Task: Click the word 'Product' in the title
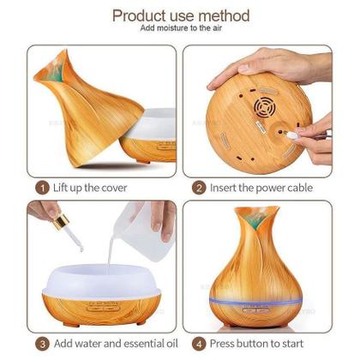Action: pyautogui.click(x=140, y=16)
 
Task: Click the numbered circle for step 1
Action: pyautogui.click(x=42, y=189)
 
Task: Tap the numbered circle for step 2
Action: pyautogui.click(x=199, y=189)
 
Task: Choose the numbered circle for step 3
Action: pyautogui.click(x=42, y=344)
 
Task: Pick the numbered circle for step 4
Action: pyautogui.click(x=199, y=344)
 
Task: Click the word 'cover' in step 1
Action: pyautogui.click(x=114, y=189)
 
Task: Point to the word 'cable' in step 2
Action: pyautogui.click(x=300, y=188)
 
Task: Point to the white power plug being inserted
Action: pyautogui.click(x=291, y=135)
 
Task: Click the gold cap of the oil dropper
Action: pyautogui.click(x=61, y=222)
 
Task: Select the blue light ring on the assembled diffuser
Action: pyautogui.click(x=255, y=301)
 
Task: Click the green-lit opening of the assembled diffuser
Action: pyautogui.click(x=255, y=219)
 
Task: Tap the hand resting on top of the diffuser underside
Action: pyautogui.click(x=268, y=66)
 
